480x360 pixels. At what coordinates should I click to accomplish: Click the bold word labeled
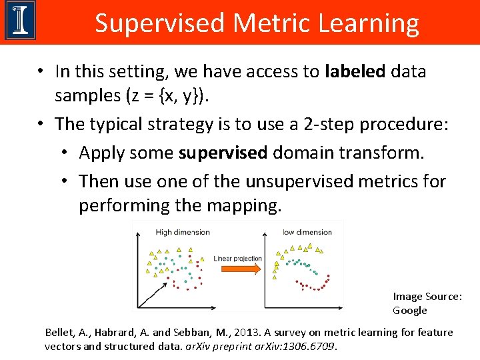(x=355, y=71)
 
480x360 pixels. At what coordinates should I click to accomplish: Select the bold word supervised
(x=223, y=153)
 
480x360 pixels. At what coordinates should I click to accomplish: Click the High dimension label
(x=182, y=232)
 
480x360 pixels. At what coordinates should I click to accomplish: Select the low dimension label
(x=307, y=232)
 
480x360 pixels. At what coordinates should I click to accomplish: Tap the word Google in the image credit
(x=409, y=311)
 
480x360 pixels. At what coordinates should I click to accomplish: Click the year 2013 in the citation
(x=271, y=332)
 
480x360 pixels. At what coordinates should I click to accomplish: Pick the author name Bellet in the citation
(x=61, y=332)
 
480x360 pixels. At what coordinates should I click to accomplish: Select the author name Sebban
(x=223, y=332)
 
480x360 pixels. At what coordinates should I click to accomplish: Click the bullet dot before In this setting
(x=41, y=72)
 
